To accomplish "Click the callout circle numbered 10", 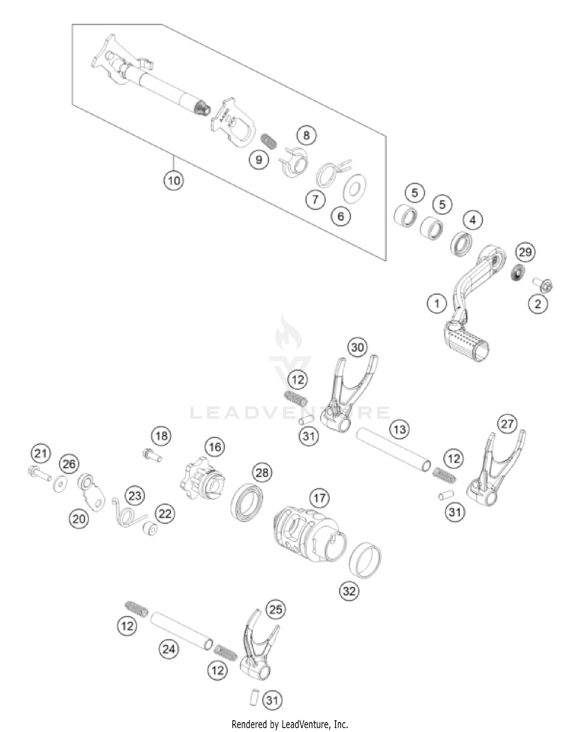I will [x=174, y=181].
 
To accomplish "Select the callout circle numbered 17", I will [x=319, y=498].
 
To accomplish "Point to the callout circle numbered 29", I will [x=525, y=253].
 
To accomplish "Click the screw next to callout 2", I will [x=544, y=285].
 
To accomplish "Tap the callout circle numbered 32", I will [x=349, y=591].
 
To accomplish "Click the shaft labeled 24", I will [x=181, y=630].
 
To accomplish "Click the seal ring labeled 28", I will [x=247, y=502].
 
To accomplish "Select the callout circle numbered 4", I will [x=473, y=220].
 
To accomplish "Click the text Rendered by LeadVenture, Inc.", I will [x=290, y=723].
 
